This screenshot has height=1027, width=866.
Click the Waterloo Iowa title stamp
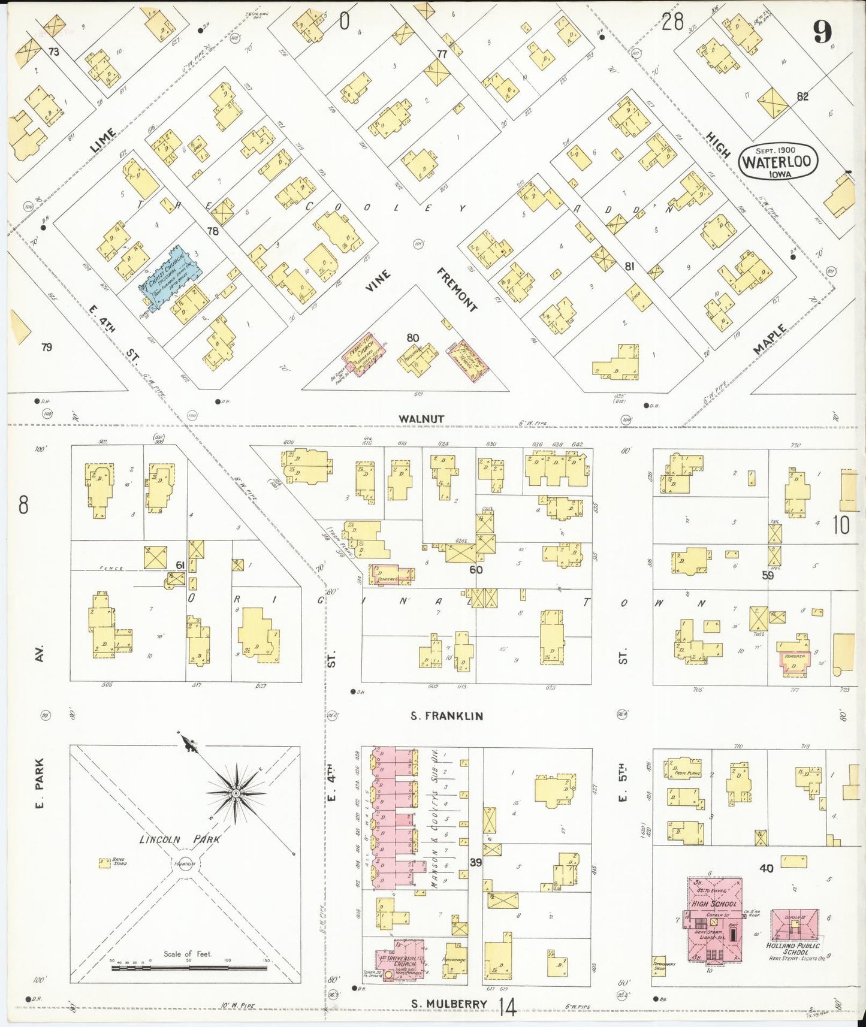point(777,162)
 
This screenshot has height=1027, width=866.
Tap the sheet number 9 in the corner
point(822,31)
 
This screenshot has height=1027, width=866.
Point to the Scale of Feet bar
point(189,967)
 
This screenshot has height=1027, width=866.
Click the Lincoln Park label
point(179,839)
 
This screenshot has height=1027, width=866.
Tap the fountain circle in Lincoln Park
point(183,864)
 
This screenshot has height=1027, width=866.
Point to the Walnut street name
point(421,418)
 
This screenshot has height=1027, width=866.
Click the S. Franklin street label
point(446,715)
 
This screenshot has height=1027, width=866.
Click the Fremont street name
point(457,290)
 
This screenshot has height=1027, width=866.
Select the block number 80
point(412,338)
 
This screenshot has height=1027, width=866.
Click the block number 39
point(475,862)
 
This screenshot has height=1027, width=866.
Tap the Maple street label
point(770,339)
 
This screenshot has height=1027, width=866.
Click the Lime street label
point(103,140)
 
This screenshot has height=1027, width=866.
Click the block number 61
point(180,566)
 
